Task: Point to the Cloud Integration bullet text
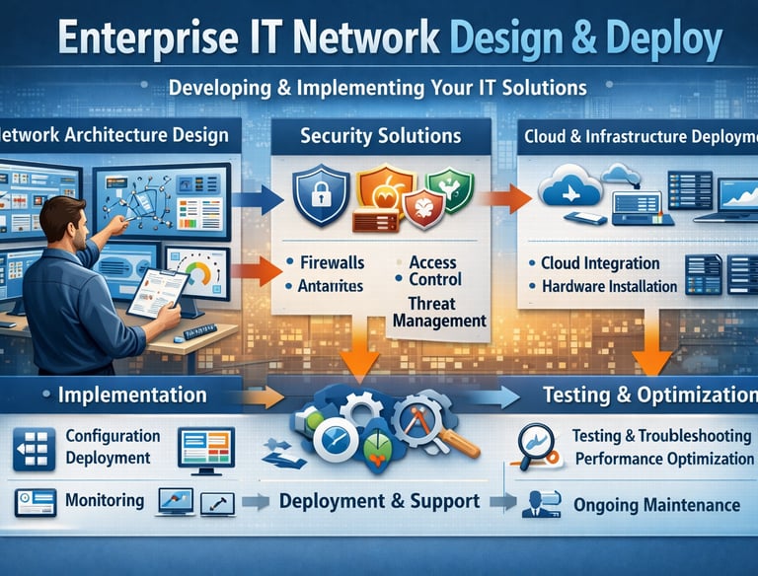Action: (600, 263)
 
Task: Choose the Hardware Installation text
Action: (609, 287)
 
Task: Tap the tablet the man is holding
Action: (157, 293)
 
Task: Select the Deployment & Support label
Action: (380, 501)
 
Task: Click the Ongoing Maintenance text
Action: (656, 505)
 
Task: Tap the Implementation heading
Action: (132, 396)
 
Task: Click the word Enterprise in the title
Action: (145, 42)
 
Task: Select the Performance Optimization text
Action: (664, 459)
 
